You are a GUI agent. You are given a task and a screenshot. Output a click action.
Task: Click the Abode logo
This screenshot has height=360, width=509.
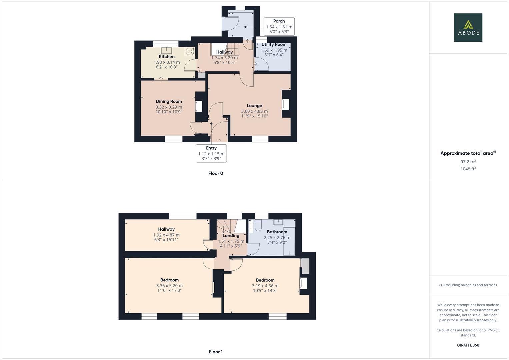(x=468, y=27)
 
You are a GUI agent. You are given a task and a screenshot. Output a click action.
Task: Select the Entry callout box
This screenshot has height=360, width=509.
(x=211, y=153)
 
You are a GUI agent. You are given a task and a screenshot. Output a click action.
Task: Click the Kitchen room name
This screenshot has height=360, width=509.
(x=167, y=57)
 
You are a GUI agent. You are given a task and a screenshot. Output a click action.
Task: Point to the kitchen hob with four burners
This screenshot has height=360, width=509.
(x=190, y=51)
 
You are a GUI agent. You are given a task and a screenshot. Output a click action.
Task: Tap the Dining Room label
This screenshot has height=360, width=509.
(x=169, y=101)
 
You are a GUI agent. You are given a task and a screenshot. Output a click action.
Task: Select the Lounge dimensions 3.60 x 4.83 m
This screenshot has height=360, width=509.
(x=254, y=111)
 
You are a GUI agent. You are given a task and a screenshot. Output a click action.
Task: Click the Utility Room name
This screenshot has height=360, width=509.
(x=274, y=45)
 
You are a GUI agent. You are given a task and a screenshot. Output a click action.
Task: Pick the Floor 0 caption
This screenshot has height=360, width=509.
(x=216, y=173)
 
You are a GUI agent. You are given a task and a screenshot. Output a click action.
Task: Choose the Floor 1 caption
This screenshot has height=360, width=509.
(x=216, y=352)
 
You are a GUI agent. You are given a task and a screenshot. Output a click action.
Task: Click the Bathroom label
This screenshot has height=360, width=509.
(x=277, y=232)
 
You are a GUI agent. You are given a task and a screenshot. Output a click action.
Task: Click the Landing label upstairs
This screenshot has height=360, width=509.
(x=231, y=236)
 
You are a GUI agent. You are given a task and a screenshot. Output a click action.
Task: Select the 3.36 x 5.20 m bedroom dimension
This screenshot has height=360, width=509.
(x=169, y=286)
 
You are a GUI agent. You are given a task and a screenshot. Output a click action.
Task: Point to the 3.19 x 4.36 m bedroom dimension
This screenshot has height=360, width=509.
(x=265, y=286)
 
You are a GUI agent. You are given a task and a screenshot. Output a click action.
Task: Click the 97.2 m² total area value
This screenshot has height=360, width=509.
(x=468, y=162)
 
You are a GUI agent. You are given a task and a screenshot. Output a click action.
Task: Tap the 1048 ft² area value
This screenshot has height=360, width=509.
(x=468, y=169)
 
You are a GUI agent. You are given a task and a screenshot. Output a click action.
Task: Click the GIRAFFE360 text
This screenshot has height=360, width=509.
(x=468, y=345)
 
